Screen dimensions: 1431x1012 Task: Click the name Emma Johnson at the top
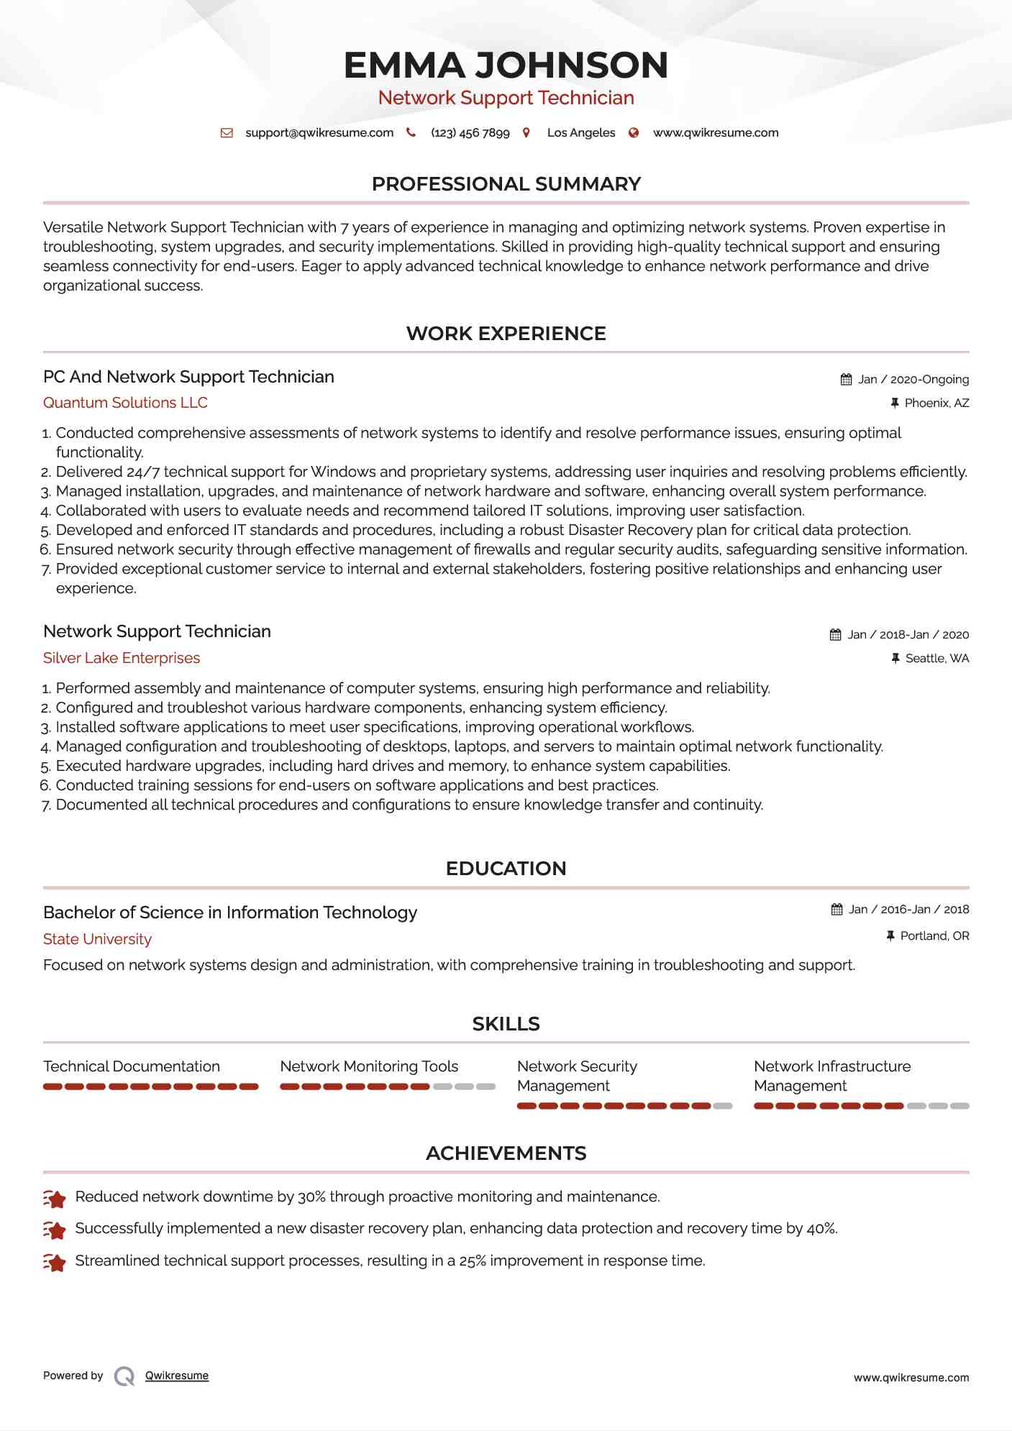click(x=506, y=65)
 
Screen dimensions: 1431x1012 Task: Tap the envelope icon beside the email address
click(x=227, y=133)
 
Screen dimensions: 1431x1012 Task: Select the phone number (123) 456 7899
click(x=470, y=133)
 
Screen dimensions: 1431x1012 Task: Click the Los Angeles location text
click(x=581, y=133)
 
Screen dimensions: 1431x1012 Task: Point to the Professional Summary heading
click(x=506, y=184)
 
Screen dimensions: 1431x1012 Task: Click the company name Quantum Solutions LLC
click(x=125, y=403)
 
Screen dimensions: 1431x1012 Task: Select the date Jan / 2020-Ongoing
click(x=913, y=380)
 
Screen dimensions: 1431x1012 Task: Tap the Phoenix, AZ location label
click(x=936, y=403)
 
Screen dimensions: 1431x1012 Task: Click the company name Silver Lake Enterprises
click(x=122, y=658)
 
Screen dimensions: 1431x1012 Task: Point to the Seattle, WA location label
click(x=936, y=659)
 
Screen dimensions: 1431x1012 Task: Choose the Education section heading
click(x=506, y=869)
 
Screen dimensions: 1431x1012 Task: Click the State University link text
click(x=97, y=939)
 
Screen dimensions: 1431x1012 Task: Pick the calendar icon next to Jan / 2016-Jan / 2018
click(x=837, y=910)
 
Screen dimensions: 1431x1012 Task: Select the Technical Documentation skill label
click(x=132, y=1066)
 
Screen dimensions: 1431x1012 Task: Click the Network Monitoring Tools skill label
click(x=369, y=1066)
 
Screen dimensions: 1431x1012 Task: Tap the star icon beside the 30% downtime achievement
click(x=55, y=1198)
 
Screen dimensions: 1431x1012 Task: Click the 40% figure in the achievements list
click(x=821, y=1228)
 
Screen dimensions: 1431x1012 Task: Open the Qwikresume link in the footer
click(x=177, y=1376)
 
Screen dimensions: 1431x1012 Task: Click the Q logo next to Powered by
click(x=124, y=1376)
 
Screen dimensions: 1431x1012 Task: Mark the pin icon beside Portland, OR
click(x=890, y=936)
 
